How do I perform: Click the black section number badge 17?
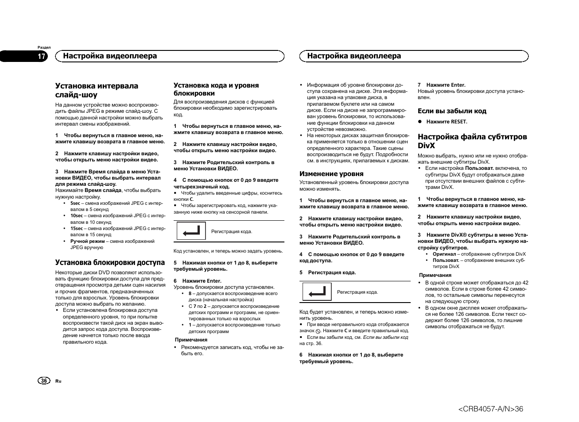point(41,56)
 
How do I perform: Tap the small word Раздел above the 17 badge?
point(44,47)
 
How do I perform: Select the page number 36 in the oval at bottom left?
point(44,381)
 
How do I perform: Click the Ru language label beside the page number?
point(58,381)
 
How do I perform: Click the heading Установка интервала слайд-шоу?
point(97,90)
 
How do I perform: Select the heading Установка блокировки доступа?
point(110,262)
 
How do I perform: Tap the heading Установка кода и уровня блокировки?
point(216,89)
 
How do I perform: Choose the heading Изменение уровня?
point(331,174)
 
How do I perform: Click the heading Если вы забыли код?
point(452,111)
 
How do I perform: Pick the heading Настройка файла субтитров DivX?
point(472,141)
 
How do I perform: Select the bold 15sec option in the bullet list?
point(77,228)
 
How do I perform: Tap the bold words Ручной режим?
point(87,241)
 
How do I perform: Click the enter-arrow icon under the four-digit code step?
point(191,231)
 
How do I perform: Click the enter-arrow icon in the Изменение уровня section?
point(317,292)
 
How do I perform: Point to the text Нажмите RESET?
point(447,122)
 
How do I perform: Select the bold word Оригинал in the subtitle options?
point(444,254)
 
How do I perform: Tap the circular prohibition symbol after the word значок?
point(318,331)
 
